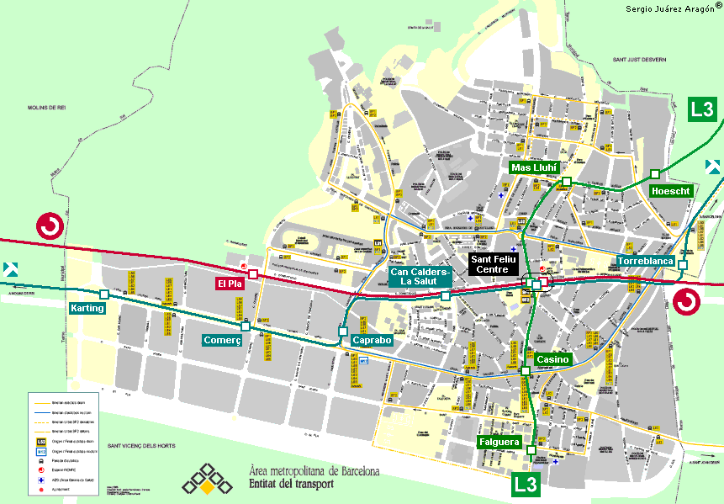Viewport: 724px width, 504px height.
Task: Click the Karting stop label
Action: [87, 309]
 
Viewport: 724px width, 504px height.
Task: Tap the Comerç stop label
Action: [222, 340]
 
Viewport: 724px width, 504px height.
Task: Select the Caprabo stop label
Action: [372, 341]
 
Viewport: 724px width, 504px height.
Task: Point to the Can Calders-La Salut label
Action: [420, 277]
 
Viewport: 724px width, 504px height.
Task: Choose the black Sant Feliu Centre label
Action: [500, 265]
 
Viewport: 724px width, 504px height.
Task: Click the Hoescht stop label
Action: [671, 192]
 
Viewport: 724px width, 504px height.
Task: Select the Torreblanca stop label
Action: [646, 262]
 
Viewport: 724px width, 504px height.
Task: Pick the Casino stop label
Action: [552, 359]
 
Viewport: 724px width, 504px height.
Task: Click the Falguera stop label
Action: [499, 442]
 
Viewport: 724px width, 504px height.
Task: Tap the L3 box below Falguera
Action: [526, 483]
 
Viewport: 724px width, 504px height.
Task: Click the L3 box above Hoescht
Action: [703, 109]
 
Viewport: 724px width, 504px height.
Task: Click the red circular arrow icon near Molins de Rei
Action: [49, 226]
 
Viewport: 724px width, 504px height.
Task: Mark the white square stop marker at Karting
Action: [103, 294]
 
